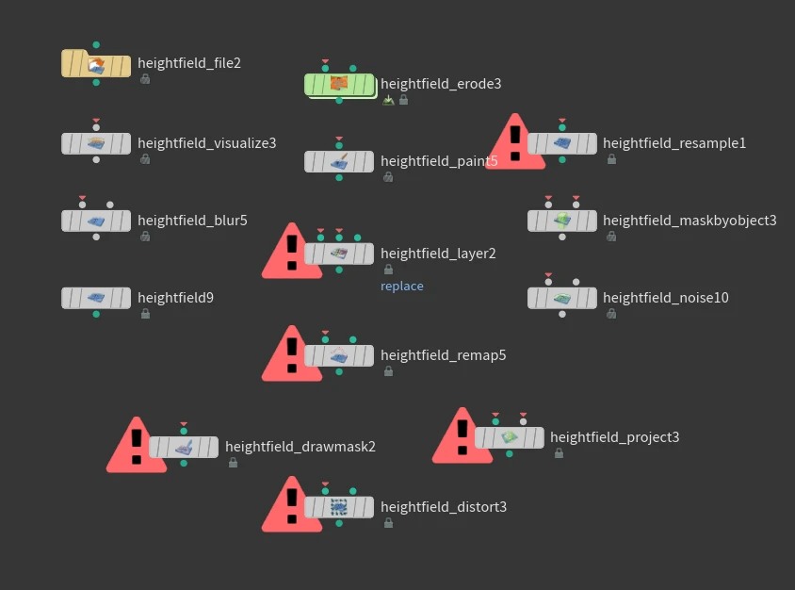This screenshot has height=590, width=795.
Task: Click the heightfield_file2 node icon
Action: [96, 64]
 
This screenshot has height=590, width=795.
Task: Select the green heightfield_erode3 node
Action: [339, 85]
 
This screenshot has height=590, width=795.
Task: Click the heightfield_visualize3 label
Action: [207, 143]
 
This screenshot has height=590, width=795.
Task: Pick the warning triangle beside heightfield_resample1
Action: [514, 145]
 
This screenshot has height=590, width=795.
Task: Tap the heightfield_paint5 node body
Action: [339, 161]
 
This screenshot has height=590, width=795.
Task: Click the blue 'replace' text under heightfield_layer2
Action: [402, 287]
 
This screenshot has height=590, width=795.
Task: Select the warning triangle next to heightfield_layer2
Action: [292, 254]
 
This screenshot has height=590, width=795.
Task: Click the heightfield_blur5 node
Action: [96, 221]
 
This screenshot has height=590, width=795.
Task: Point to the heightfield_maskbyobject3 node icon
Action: [562, 221]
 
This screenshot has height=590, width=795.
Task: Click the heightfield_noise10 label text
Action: [666, 298]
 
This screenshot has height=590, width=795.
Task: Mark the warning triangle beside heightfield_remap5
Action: [292, 356]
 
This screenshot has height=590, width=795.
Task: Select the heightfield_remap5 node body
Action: [339, 355]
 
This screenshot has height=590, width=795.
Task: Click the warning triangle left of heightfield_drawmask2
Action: [137, 448]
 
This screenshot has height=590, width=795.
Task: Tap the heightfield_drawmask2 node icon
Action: [184, 447]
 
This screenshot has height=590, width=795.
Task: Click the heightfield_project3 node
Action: [510, 437]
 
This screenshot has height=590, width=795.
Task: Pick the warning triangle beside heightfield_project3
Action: [462, 438]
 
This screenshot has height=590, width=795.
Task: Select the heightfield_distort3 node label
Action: [444, 507]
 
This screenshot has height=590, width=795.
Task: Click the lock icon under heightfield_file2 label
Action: [145, 80]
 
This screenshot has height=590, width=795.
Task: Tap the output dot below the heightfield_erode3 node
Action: [339, 100]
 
